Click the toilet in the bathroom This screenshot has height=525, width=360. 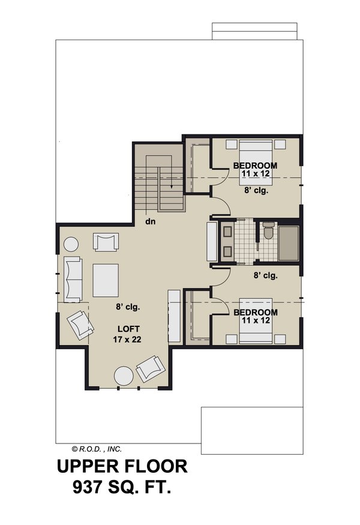268,230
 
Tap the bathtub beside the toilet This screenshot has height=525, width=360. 288,244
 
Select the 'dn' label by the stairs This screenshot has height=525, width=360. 150,221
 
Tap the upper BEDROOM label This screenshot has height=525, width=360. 256,166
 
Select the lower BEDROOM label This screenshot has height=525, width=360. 256,313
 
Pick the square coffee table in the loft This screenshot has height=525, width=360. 105,278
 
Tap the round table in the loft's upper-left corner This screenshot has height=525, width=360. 71,245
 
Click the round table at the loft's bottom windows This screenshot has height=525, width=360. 124,376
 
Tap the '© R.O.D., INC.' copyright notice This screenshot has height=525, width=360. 97,448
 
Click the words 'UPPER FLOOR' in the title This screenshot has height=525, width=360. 122,466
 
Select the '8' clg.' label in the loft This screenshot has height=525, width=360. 128,307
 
